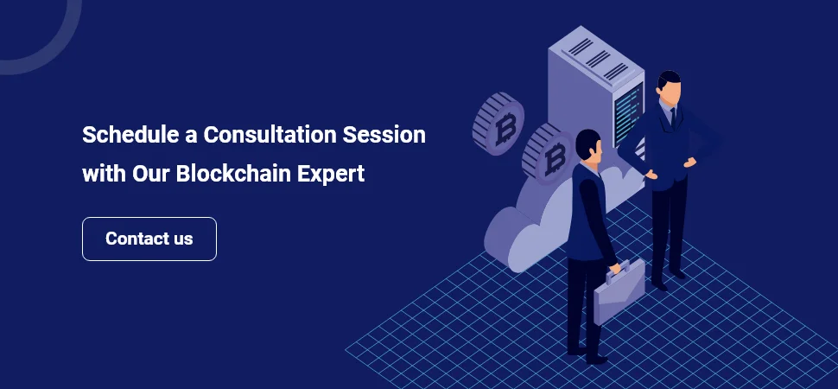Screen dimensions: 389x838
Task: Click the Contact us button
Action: click(x=149, y=239)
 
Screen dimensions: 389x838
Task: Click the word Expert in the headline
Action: click(x=331, y=173)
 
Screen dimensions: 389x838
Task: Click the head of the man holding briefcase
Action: click(x=588, y=144)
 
